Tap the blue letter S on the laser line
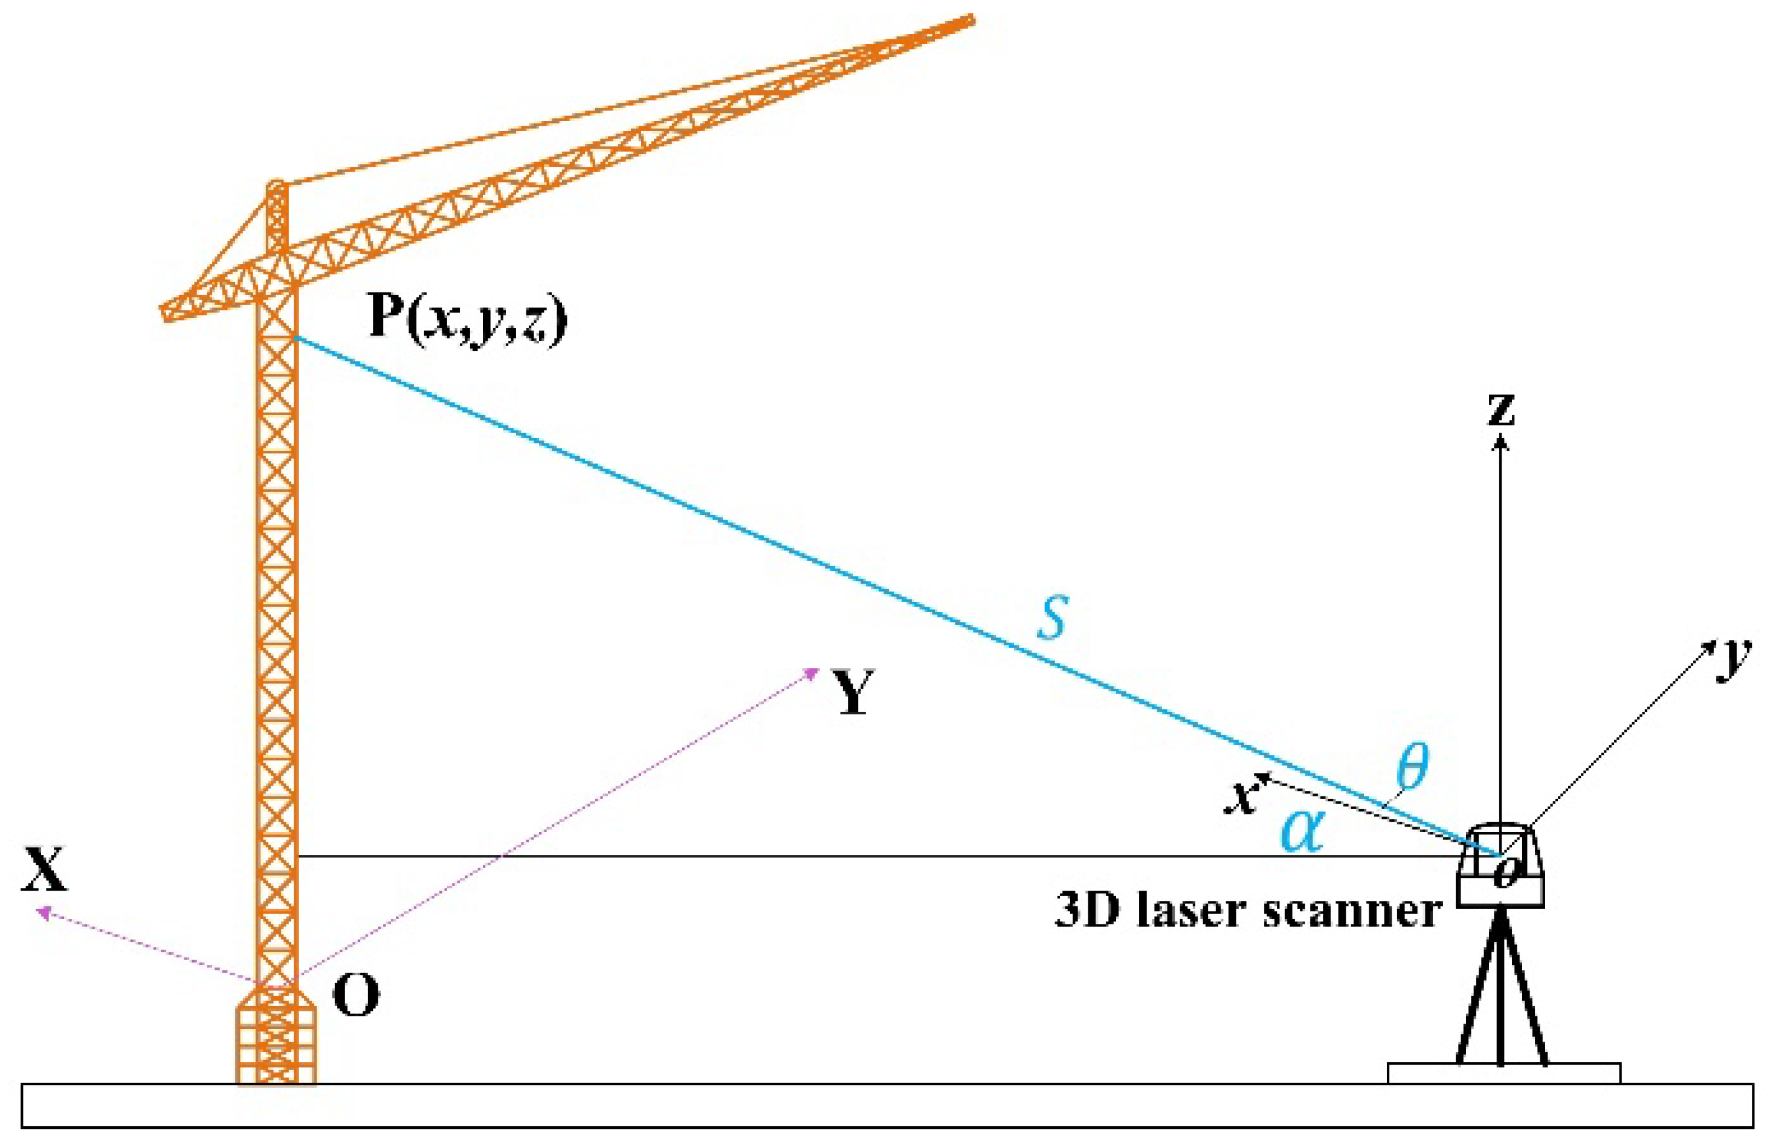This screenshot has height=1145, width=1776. tap(1053, 617)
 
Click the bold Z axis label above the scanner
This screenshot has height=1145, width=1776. tap(1500, 410)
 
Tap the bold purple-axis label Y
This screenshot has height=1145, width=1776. tap(853, 691)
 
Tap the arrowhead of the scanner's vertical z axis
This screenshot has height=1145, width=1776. tap(1501, 443)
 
